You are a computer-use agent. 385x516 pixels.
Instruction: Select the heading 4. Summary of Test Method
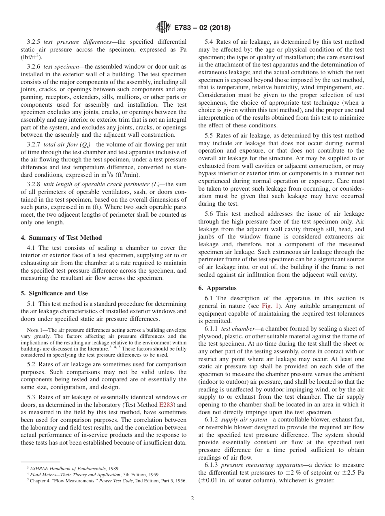[61, 238]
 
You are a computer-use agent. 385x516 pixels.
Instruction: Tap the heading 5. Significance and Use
[54, 293]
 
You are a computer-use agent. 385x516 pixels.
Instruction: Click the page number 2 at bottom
[192, 499]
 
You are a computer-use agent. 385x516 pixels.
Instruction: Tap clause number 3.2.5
[34, 42]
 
